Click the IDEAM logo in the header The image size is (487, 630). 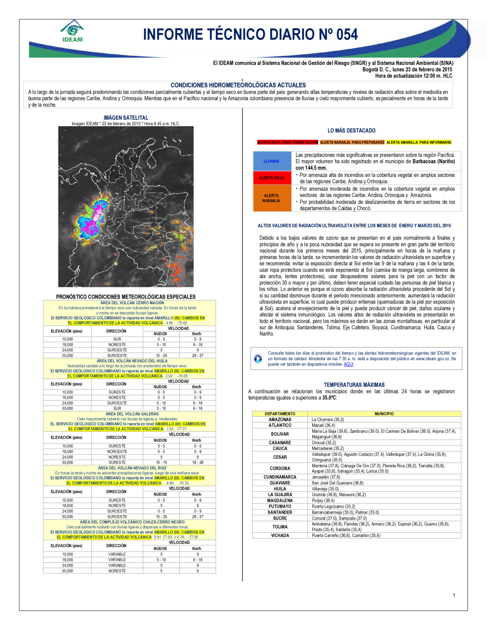[73, 31]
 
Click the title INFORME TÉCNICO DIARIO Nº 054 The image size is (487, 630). [250, 35]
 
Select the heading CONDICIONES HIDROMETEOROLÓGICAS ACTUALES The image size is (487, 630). [238, 85]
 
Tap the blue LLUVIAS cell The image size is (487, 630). [272, 161]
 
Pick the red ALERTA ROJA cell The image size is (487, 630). [272, 178]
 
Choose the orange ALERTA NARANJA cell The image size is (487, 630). [272, 198]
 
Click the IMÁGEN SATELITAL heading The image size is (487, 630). [126, 118]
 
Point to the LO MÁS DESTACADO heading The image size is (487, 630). [352, 130]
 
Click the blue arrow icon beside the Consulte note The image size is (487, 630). [258, 359]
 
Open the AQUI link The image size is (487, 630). [349, 364]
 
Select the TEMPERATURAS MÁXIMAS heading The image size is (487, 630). [354, 385]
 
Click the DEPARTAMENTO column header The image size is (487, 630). [280, 414]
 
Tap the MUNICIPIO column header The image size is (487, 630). [384, 414]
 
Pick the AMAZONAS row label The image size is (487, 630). [280, 420]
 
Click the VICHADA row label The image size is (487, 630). [280, 536]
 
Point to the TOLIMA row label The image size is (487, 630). [280, 527]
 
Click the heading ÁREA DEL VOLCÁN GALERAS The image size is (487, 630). [132, 414]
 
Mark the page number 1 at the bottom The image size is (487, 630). [454, 595]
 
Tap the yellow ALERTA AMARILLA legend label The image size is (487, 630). [419, 143]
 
